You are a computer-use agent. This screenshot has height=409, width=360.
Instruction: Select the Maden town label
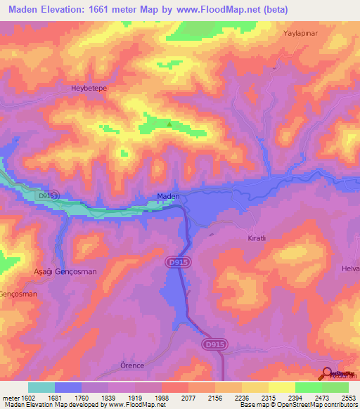pos(168,196)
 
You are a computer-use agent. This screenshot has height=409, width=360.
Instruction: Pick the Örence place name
pos(133,366)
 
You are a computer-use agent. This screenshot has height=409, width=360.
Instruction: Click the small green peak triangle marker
pos(169,124)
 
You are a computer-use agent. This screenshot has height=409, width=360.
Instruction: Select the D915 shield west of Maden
pos(49,195)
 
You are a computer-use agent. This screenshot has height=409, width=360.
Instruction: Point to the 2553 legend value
pos(349,398)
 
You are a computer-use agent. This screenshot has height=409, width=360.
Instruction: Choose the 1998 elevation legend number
pos(161,398)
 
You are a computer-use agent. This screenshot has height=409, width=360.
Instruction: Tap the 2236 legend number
pos(241,398)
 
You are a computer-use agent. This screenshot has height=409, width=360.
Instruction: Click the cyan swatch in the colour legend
pos(41,387)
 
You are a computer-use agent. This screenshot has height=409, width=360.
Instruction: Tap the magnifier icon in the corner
pos(328,373)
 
